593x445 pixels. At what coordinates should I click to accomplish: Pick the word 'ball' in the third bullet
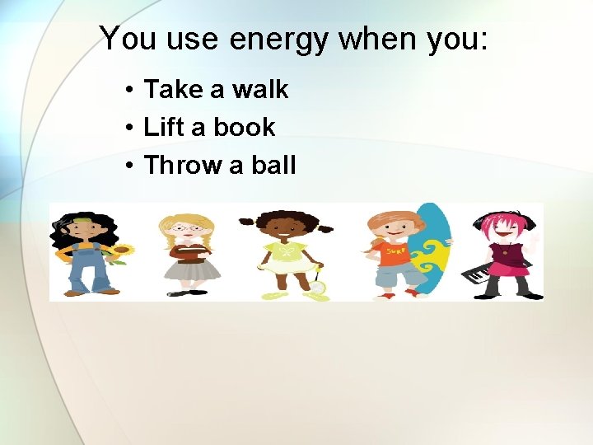[273, 165]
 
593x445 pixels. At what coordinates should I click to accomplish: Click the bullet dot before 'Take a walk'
[131, 90]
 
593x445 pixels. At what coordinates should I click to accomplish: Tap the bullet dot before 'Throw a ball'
[131, 166]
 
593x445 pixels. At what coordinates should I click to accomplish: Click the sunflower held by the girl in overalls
[123, 251]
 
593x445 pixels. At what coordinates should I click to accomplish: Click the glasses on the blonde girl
[189, 228]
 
